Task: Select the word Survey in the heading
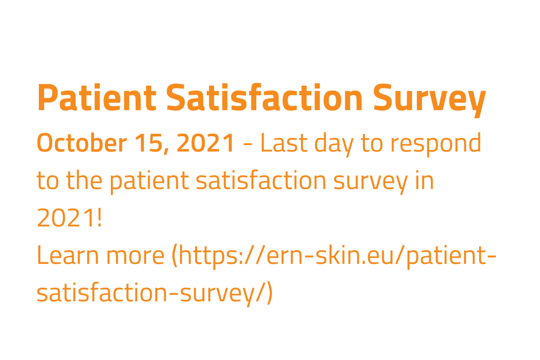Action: (x=429, y=98)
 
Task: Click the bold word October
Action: (x=82, y=143)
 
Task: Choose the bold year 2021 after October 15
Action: (x=206, y=143)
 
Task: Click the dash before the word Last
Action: (x=248, y=144)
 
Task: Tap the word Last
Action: (x=284, y=143)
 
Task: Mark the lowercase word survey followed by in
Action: (x=371, y=182)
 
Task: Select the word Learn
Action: (x=68, y=256)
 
